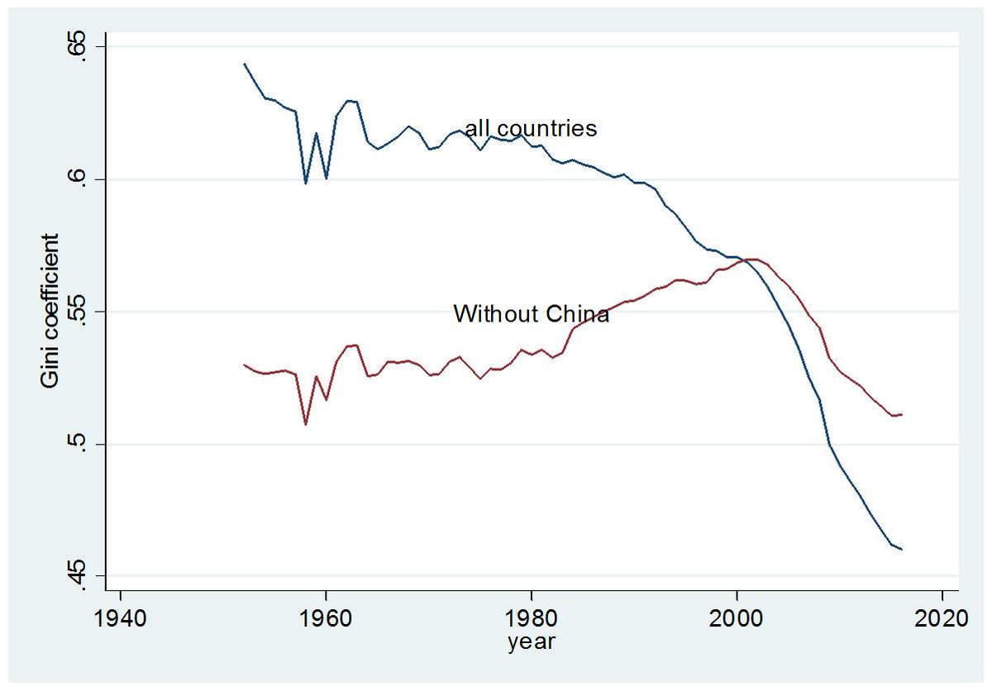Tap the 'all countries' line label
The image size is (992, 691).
pos(531,129)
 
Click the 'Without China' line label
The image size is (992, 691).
pos(531,314)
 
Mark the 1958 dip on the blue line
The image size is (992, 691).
pos(306,183)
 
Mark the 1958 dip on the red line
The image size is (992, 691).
pos(306,424)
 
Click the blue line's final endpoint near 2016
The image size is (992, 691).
pos(901,549)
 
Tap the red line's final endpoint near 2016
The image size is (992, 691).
pos(901,414)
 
